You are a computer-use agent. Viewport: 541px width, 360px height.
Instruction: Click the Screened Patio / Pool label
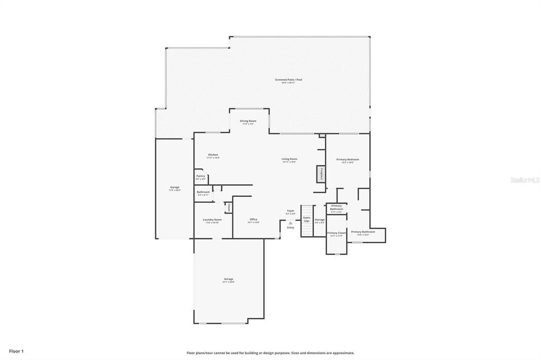[288, 80]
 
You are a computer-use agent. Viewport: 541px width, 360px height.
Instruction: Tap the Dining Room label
[248, 121]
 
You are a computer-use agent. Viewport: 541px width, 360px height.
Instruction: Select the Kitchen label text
[213, 155]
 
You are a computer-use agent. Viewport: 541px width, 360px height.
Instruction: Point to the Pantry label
[201, 176]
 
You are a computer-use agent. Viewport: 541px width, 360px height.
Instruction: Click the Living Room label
[289, 159]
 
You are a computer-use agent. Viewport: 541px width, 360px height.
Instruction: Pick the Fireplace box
[320, 174]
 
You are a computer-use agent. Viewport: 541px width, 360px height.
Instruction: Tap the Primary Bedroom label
[348, 159]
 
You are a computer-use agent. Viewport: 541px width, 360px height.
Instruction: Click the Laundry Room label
[212, 220]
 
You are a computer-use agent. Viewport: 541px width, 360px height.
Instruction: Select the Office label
[254, 219]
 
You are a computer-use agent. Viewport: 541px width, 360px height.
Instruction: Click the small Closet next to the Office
[229, 207]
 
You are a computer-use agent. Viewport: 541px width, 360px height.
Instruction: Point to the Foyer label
[291, 211]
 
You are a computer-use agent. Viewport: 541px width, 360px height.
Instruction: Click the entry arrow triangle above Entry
[291, 223]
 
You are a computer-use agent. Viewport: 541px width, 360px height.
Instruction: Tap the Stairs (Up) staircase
[307, 221]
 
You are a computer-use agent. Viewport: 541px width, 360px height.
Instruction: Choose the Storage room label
[320, 220]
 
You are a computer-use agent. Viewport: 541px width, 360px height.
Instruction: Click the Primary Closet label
[336, 233]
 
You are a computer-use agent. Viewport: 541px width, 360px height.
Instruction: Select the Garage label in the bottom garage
[228, 279]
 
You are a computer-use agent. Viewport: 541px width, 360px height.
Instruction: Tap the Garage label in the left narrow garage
[174, 187]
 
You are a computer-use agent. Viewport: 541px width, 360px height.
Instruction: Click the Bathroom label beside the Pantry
[203, 192]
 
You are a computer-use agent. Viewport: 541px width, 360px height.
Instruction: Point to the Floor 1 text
[16, 351]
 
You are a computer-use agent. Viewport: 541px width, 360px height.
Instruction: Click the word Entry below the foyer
[291, 228]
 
